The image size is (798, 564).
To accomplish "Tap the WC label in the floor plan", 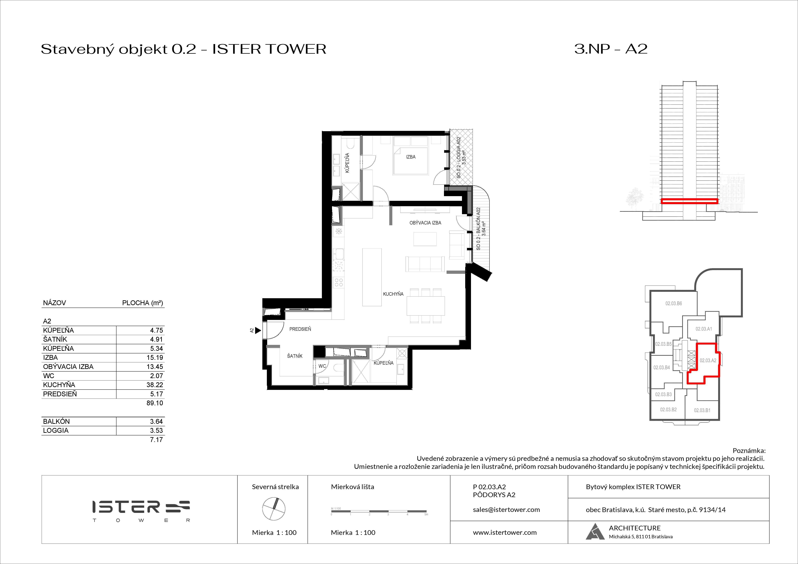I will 322,366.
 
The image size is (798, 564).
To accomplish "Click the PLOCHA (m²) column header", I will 142,303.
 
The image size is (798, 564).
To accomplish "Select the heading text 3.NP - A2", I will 611,49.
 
